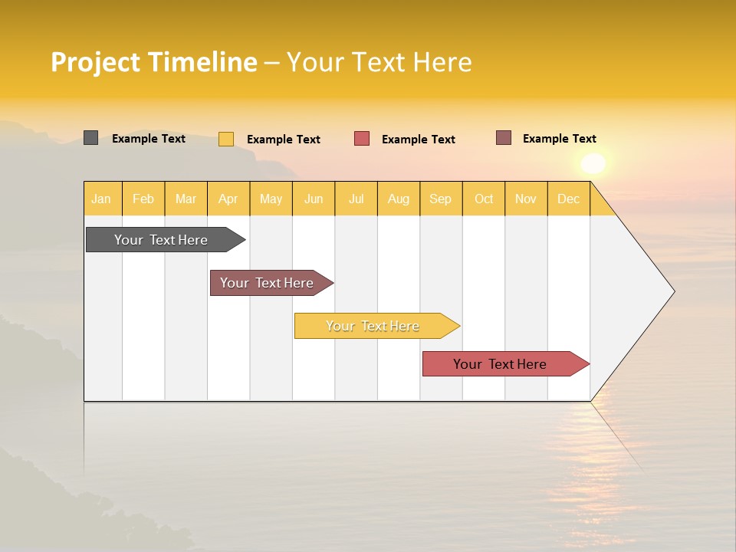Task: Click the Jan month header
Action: tap(102, 199)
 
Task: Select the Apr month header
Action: tap(228, 199)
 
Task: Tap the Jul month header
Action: tap(356, 199)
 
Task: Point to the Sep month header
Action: tap(440, 199)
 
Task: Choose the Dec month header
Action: tap(568, 199)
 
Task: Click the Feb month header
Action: tap(143, 199)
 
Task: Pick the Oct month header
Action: tap(484, 199)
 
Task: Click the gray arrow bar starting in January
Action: tap(162, 240)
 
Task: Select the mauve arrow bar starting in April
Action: tap(268, 283)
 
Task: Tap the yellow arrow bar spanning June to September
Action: tap(373, 326)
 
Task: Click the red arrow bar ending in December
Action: tap(501, 364)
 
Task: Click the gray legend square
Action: tap(90, 138)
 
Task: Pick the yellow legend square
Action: tap(226, 139)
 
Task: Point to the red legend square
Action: tap(362, 139)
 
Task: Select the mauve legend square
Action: tap(504, 138)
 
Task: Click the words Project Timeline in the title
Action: tap(154, 62)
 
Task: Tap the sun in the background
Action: tap(593, 163)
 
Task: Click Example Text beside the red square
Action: tap(418, 140)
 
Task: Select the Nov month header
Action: tap(526, 199)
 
